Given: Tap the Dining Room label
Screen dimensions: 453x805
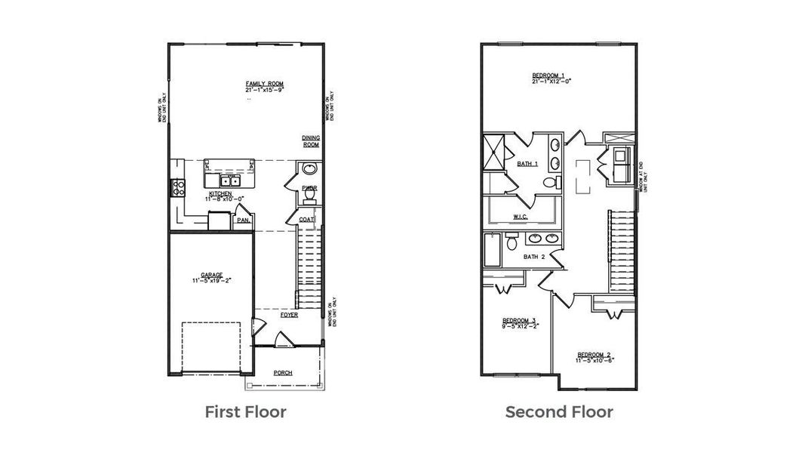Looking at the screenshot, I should (x=311, y=141).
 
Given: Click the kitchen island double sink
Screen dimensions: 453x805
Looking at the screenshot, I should (x=230, y=180).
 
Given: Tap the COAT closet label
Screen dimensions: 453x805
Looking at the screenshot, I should (x=306, y=220).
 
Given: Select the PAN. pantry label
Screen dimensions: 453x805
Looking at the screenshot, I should (x=243, y=221).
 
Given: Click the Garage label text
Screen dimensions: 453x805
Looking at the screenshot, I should (x=211, y=275).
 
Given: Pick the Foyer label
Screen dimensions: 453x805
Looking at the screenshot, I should (x=289, y=315).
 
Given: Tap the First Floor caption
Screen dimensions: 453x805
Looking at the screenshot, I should (x=246, y=412).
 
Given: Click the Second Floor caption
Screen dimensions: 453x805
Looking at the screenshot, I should (x=559, y=412).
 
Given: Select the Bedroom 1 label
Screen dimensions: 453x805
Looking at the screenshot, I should (x=548, y=75).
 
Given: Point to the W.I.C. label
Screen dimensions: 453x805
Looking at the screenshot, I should (x=520, y=217).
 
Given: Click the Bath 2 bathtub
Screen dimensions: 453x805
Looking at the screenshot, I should (x=492, y=250).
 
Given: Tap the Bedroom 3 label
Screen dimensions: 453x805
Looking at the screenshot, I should (x=519, y=320).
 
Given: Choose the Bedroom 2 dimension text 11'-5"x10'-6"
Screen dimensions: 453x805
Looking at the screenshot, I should (x=595, y=361).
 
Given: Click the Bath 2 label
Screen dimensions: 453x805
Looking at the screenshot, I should (x=535, y=257).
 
